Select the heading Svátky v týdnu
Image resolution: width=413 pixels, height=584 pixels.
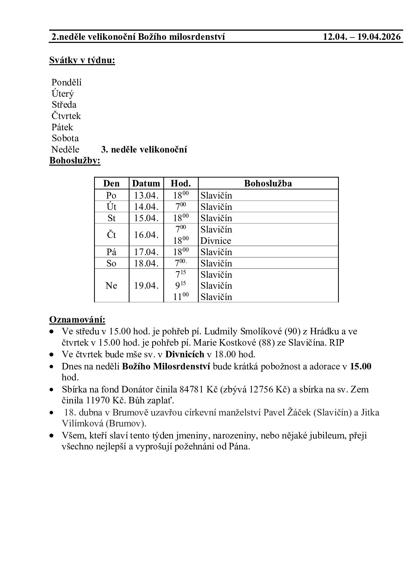point(82,60)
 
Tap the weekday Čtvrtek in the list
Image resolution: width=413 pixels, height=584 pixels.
point(66,116)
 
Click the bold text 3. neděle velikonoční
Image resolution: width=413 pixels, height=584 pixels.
point(144,149)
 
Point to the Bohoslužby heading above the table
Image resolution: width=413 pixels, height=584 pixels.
point(75,161)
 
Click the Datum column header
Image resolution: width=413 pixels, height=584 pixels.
point(146,183)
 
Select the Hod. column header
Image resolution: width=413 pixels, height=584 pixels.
point(181,183)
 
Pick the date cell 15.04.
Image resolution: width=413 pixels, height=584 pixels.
point(146,218)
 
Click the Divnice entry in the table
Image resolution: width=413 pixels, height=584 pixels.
point(215,241)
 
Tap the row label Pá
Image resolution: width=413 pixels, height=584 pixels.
point(111,252)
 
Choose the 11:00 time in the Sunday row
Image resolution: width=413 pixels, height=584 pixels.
point(181,297)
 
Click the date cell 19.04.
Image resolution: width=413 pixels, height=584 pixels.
point(146,286)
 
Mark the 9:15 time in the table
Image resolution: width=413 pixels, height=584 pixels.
point(181,286)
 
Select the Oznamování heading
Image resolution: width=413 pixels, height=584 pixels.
point(77,320)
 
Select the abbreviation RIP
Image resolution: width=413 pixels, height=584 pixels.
point(337,343)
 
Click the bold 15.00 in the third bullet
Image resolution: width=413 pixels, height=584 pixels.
point(361,366)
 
